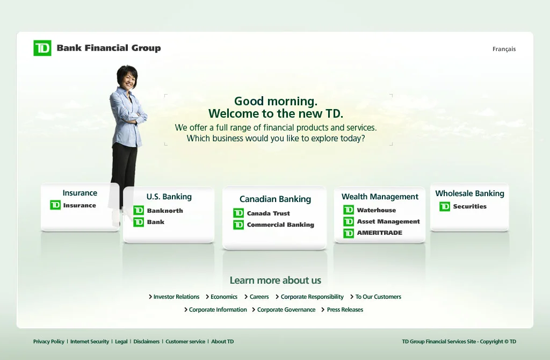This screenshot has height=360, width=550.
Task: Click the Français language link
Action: click(504, 49)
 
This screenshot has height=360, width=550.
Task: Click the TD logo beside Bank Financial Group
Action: click(42, 48)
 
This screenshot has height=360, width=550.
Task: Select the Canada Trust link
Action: click(268, 213)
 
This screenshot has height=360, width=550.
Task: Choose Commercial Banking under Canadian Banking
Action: click(280, 225)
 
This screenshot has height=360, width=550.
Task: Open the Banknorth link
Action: click(164, 211)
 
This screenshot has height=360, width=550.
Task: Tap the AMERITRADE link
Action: click(379, 233)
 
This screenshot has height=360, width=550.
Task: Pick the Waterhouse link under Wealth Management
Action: click(376, 210)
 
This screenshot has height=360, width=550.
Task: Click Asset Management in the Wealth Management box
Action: click(388, 221)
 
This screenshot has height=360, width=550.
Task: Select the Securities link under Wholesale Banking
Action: click(469, 206)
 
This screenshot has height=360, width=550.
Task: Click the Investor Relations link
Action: click(176, 297)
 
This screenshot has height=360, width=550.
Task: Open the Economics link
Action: click(223, 297)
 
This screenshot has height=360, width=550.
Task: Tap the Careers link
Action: click(259, 297)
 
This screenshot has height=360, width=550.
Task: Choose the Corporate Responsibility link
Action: click(312, 297)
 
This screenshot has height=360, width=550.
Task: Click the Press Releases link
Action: click(345, 309)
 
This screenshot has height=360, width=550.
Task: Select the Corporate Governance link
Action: click(286, 309)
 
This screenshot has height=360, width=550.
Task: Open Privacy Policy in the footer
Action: click(48, 341)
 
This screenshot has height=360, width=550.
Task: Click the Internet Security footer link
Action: click(89, 341)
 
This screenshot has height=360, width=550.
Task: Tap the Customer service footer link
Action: click(185, 341)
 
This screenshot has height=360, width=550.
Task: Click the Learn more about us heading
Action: click(275, 280)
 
